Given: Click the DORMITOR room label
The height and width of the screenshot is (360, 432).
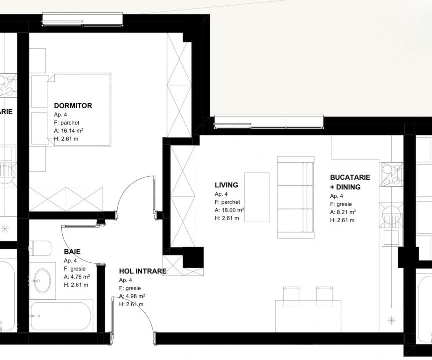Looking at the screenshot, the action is [x=73, y=106].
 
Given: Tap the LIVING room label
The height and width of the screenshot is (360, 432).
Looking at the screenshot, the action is [x=226, y=185].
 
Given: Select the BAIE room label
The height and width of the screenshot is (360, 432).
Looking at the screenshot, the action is [x=72, y=252].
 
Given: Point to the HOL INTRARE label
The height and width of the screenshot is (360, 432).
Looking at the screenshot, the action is [x=143, y=271].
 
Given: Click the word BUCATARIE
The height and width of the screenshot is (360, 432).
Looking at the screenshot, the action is [x=350, y=177].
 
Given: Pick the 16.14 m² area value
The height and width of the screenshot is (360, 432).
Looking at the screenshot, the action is [x=72, y=130].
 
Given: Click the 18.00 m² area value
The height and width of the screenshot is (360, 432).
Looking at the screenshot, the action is [x=233, y=210].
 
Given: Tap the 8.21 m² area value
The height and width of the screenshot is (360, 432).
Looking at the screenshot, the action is [x=346, y=212].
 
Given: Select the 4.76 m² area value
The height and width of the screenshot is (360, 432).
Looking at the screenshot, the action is [x=80, y=277].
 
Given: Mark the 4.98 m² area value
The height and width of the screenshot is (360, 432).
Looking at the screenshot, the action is [x=135, y=296].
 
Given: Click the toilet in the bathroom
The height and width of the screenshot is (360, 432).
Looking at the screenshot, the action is [x=40, y=248].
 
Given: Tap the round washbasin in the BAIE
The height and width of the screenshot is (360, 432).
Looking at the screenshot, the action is [x=42, y=281].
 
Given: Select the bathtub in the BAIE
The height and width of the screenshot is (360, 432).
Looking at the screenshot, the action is [x=61, y=316].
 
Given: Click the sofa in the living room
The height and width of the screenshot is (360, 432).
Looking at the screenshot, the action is [x=296, y=197].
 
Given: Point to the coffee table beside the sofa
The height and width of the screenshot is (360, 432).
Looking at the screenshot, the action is [x=257, y=197].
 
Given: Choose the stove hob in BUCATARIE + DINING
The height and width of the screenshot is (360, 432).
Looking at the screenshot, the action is [x=391, y=174].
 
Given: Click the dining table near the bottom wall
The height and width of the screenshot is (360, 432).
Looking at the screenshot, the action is [x=308, y=316].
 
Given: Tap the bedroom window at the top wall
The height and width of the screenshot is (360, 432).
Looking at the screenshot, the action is [x=82, y=20].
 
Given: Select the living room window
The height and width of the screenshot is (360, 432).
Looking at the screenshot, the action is [x=269, y=122].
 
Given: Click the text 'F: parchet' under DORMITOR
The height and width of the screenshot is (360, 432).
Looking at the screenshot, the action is [x=67, y=123].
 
